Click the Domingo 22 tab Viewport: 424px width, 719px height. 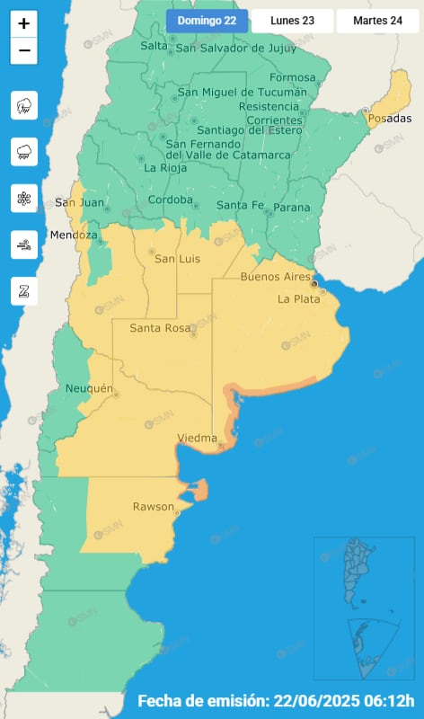(207, 20)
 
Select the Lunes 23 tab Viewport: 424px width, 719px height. (292, 20)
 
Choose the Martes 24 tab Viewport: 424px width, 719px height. (377, 20)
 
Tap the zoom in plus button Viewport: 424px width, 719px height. (24, 23)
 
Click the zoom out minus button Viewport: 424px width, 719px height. (24, 50)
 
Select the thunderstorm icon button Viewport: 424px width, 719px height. (24, 106)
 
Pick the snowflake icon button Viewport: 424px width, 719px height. (24, 198)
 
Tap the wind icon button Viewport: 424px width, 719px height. (24, 244)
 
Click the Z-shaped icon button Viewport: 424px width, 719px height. (24, 289)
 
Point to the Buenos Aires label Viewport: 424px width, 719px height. (276, 277)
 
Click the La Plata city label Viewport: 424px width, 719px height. (298, 299)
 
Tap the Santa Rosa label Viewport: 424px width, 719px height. (159, 328)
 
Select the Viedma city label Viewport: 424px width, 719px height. (198, 439)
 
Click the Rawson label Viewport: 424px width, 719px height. (154, 507)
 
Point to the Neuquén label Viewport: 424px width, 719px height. (89, 388)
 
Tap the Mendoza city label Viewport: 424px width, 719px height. (74, 235)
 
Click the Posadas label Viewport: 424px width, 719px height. (390, 119)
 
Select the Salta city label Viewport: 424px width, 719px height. (155, 46)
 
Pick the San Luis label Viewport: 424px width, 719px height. (177, 260)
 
